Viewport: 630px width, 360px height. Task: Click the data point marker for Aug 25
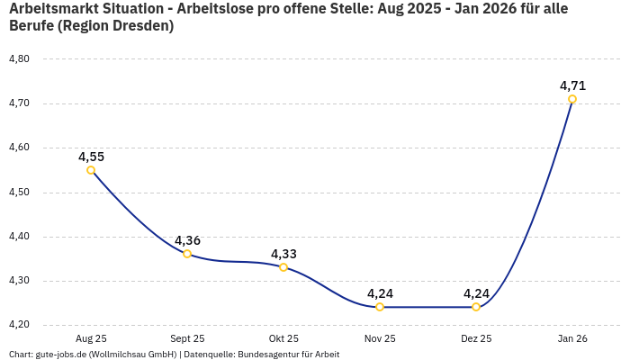click(x=91, y=170)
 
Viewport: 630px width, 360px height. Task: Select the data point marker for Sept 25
click(x=187, y=254)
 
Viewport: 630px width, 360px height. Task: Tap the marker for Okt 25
click(x=283, y=267)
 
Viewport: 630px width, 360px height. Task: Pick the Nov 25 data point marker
click(x=380, y=307)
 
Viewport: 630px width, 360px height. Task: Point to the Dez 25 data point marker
click(x=476, y=307)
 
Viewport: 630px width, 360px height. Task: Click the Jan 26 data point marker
click(x=572, y=99)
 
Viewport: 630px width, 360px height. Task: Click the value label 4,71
click(x=572, y=85)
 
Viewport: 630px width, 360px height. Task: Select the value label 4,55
click(x=91, y=157)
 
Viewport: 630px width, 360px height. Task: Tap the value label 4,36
click(x=187, y=240)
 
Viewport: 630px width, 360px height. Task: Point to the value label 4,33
click(x=283, y=254)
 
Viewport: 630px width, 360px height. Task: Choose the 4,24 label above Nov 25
click(x=380, y=293)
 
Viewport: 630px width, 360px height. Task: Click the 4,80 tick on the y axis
click(x=19, y=59)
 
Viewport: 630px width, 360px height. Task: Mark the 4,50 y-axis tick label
click(x=19, y=193)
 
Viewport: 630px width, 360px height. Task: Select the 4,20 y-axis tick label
click(x=19, y=325)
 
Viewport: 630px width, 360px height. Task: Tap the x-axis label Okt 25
click(x=283, y=338)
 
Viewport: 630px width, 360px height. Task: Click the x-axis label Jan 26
click(x=572, y=338)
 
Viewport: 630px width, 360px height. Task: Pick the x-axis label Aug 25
click(x=91, y=338)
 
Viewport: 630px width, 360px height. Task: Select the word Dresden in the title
click(x=140, y=26)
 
